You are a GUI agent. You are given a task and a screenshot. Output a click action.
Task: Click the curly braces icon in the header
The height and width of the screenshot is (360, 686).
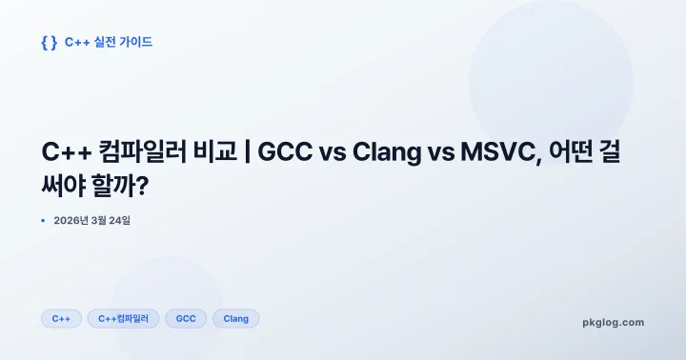tap(50, 42)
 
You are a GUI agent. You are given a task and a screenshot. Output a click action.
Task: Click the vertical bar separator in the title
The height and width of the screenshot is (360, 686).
tap(245, 152)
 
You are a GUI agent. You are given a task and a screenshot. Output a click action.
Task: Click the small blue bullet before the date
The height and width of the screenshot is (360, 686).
tap(43, 221)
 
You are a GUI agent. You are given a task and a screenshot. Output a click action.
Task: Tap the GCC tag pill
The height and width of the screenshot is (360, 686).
tap(186, 318)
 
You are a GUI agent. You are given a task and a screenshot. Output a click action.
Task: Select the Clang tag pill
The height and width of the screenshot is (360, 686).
tap(235, 318)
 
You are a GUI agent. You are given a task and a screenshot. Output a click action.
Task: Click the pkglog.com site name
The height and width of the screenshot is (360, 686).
tap(613, 322)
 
